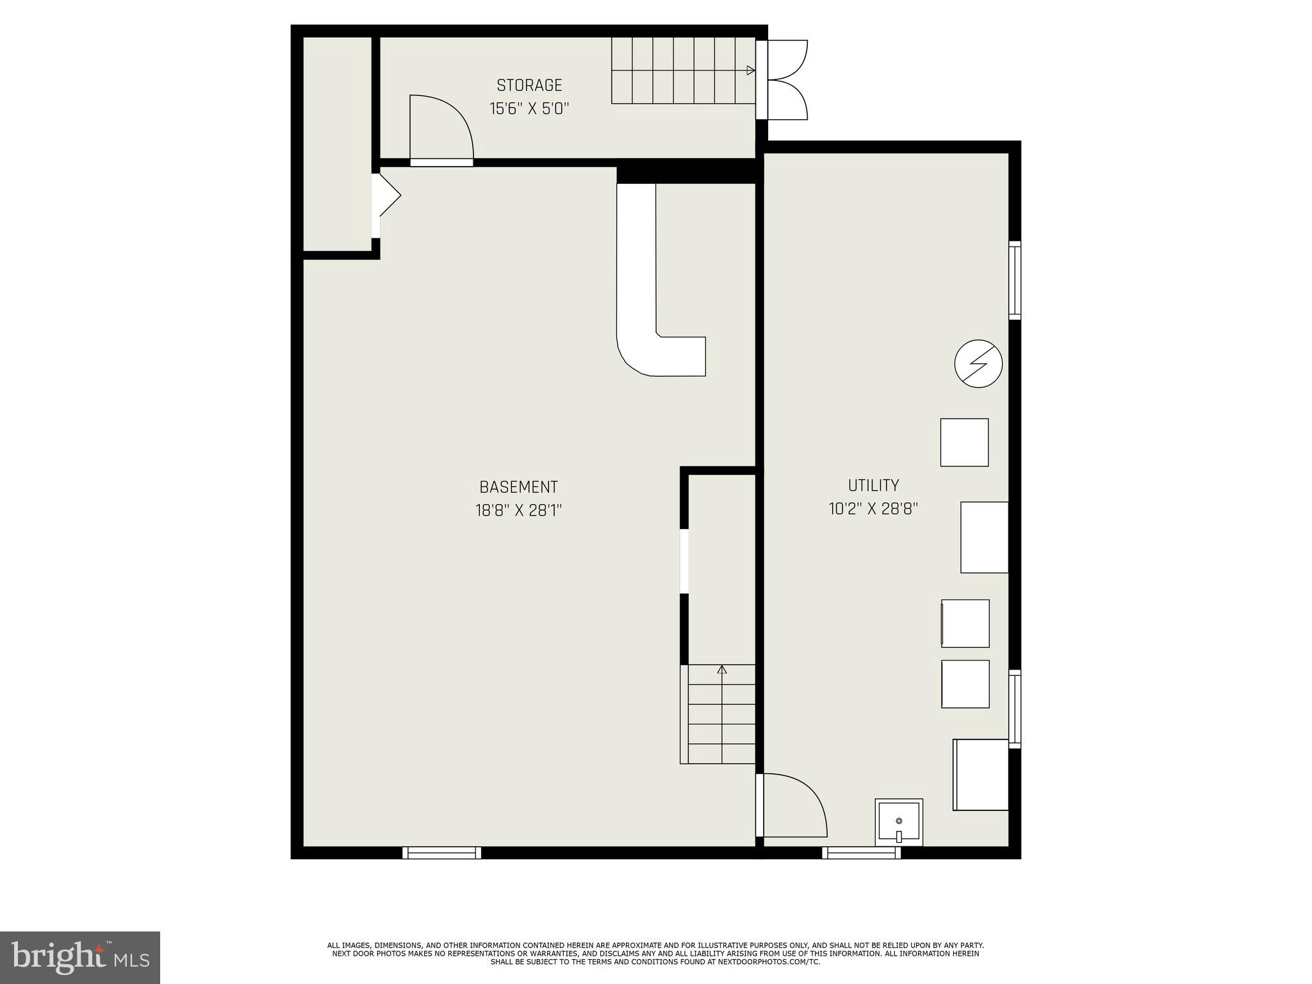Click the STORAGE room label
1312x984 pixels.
tap(529, 85)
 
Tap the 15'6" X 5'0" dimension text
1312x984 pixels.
tap(529, 108)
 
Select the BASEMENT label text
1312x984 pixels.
tap(518, 487)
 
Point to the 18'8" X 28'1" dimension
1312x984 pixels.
tap(518, 511)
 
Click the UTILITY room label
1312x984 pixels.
tap(873, 485)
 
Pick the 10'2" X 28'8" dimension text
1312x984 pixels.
tap(873, 509)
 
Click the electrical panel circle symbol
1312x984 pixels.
tap(978, 363)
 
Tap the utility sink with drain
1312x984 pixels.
tap(899, 823)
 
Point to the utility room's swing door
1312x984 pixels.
tap(792, 805)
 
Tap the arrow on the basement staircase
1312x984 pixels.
tap(722, 670)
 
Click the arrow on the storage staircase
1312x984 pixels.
tap(750, 70)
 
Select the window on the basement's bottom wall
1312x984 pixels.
tap(441, 852)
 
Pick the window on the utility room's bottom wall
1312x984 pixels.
tap(861, 852)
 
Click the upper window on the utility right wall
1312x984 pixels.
tap(1014, 280)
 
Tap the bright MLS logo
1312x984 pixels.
tap(80, 957)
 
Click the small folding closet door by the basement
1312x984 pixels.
tap(386, 195)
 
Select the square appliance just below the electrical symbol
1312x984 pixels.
tap(963, 442)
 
